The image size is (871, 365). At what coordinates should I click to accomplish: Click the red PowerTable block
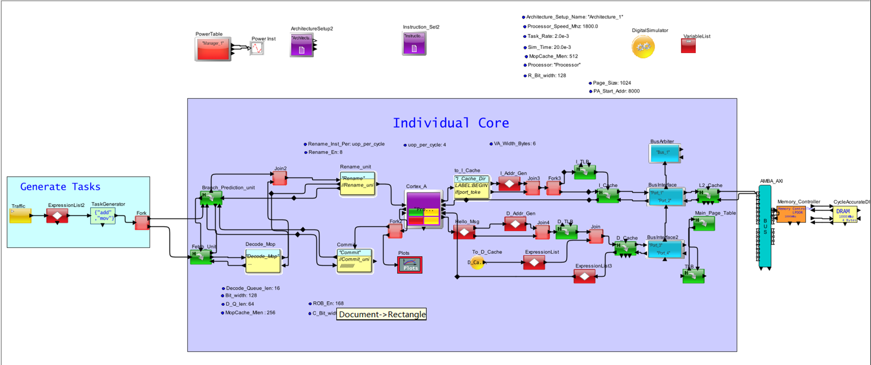(x=213, y=49)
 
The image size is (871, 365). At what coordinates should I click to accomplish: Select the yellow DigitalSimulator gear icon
(x=643, y=47)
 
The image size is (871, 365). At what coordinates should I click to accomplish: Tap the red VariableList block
(x=688, y=46)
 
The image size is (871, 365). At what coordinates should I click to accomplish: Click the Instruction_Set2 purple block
(x=414, y=44)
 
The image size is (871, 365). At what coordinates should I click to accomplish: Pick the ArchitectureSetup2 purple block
(x=301, y=45)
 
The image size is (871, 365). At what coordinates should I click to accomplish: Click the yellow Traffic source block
(x=21, y=216)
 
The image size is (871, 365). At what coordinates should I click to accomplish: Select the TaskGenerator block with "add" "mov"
(x=103, y=216)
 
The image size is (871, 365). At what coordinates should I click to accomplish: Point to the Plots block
(x=410, y=265)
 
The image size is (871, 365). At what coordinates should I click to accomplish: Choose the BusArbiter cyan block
(x=664, y=153)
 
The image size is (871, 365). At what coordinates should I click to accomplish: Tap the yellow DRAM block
(x=844, y=214)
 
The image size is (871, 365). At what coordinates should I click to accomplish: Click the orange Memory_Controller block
(x=791, y=214)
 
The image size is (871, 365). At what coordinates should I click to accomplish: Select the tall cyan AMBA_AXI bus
(x=765, y=226)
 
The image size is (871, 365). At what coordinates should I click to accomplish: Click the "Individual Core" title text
(x=451, y=123)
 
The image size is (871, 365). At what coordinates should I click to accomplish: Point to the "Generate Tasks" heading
(x=60, y=186)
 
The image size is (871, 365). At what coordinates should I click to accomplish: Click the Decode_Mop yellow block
(x=263, y=261)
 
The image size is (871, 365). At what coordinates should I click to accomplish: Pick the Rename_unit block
(x=357, y=184)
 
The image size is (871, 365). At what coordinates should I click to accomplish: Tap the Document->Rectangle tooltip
(x=382, y=314)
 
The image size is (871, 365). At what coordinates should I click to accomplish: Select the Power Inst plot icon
(x=257, y=48)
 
